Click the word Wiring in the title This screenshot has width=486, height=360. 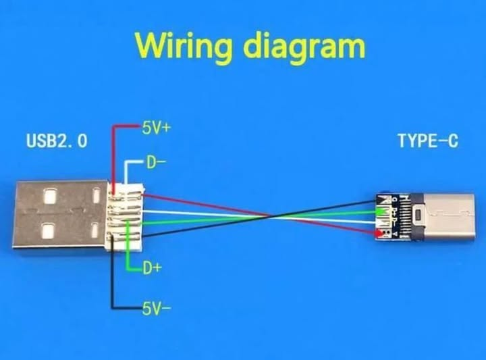[184, 47]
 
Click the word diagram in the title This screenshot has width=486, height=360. [304, 45]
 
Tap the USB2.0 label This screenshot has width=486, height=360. [57, 140]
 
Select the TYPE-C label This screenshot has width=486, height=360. [428, 140]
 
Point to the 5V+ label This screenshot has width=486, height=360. [156, 128]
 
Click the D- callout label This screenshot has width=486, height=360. [156, 162]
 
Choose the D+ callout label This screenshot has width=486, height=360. [153, 268]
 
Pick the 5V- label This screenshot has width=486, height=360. [157, 308]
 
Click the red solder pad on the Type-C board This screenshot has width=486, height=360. [379, 233]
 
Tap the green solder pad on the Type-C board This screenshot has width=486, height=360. [379, 212]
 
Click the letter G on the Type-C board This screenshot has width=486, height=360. [394, 199]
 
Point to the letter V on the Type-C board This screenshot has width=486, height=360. [395, 233]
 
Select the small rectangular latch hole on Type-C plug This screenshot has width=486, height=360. [418, 215]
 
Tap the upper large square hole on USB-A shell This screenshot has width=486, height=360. [50, 196]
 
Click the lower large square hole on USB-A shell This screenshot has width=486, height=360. [49, 231]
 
